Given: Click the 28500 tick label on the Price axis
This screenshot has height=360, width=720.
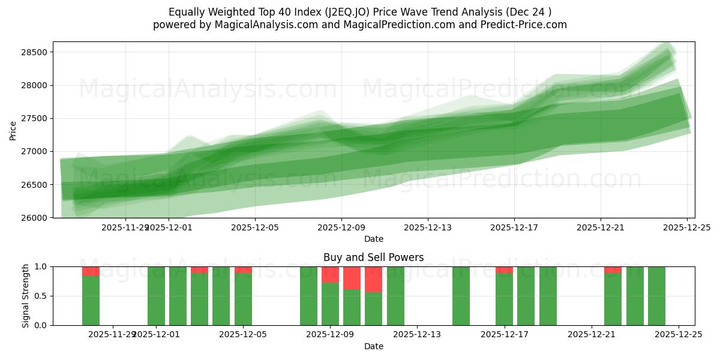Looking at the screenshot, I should pos(34,52).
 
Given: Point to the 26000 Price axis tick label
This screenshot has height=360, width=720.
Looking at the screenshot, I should pos(34,218).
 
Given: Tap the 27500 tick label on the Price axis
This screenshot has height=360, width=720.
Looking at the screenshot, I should pos(34,119).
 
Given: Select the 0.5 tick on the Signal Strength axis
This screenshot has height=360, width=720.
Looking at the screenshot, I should pos(42,296).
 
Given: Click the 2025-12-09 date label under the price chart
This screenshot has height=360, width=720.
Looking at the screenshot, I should pos(341,228).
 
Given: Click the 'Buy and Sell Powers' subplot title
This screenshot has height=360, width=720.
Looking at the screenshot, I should pos(373,257).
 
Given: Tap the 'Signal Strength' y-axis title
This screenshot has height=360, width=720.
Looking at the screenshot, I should pos(26,296).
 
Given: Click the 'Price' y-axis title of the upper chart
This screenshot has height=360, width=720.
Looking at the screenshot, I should pos(13,130).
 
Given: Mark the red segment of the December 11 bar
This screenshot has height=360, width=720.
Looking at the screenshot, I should pos(373,280).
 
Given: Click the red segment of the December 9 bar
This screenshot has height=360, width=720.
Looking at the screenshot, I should pos(330,275).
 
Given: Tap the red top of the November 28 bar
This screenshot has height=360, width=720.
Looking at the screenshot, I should pos(91,271).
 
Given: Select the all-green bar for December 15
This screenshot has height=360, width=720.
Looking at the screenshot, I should pos(461,296).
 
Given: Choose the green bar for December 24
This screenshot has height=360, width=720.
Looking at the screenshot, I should pos(656,296).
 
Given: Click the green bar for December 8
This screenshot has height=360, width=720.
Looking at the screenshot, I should pos(308,296).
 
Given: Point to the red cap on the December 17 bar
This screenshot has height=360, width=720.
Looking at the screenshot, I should pos(504,270).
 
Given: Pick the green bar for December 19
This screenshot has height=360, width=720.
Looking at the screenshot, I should pos(548,296).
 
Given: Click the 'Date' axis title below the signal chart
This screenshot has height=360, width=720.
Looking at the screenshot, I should pos(373,346).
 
